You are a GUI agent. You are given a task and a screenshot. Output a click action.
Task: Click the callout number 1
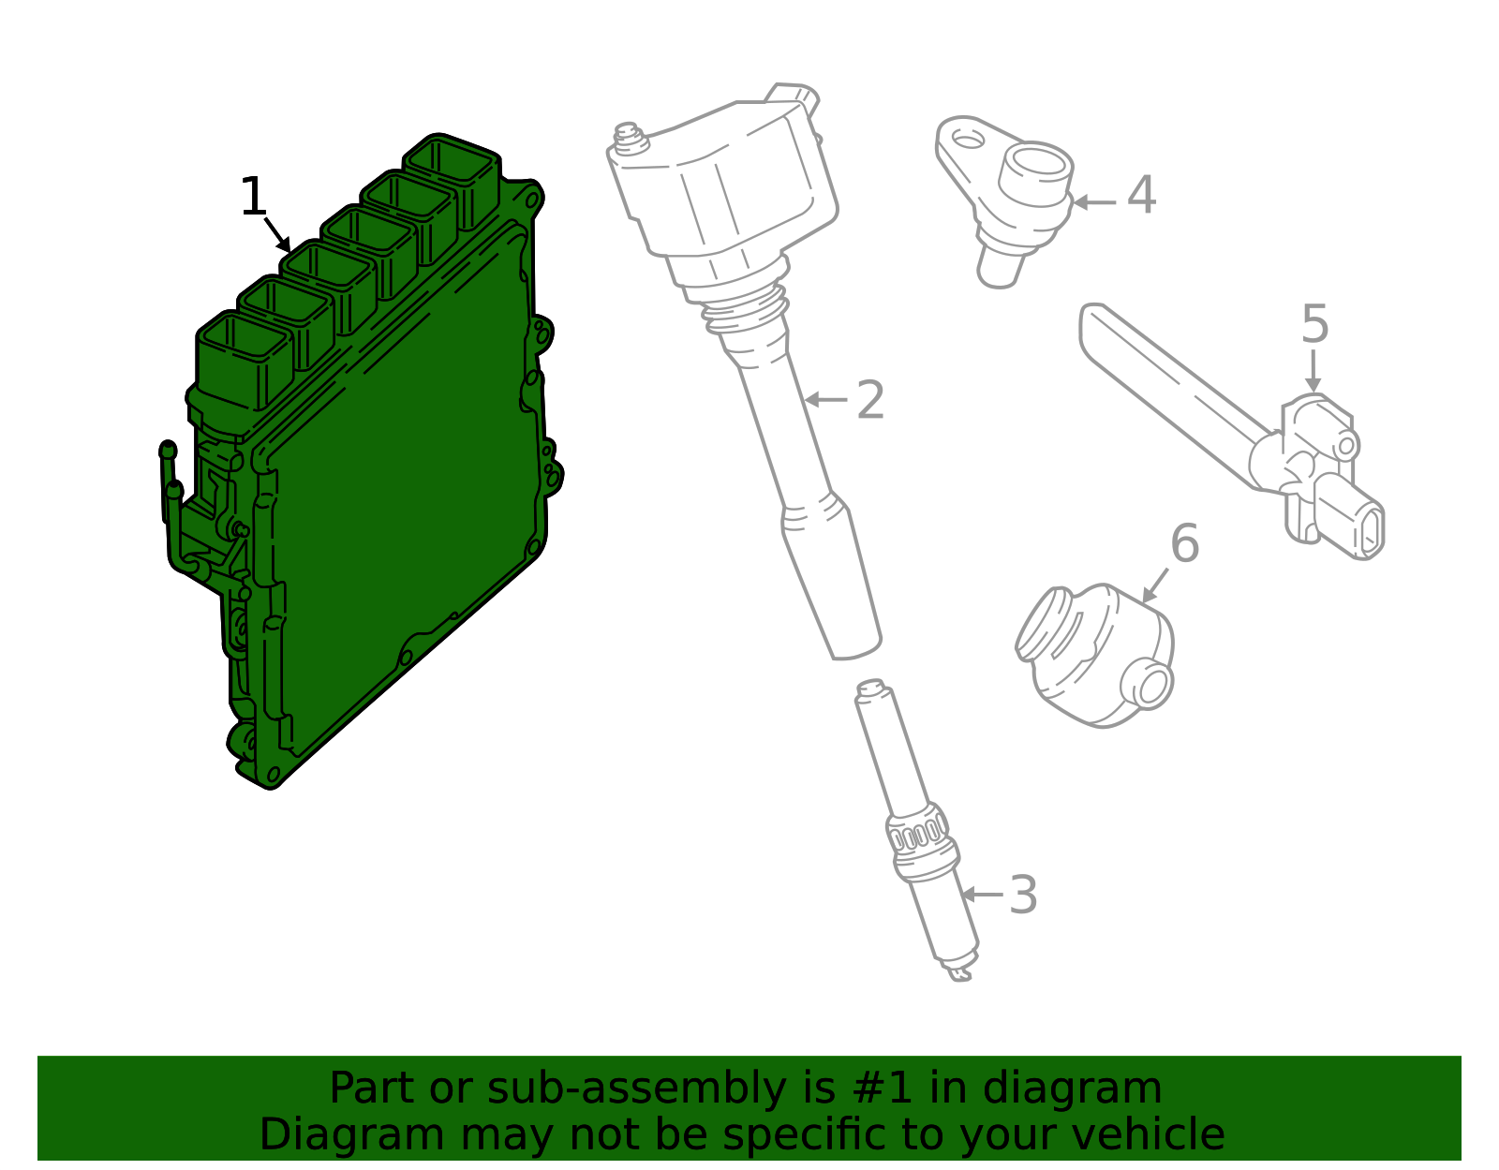point(254,197)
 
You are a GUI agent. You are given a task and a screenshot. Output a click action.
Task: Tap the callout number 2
point(869,400)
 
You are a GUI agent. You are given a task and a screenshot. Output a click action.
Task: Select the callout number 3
point(1023,896)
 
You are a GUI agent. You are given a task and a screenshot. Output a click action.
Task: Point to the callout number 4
point(1142,195)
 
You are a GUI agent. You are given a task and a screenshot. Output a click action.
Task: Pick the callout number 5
point(1314,324)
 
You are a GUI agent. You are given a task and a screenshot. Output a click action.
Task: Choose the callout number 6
point(1185,544)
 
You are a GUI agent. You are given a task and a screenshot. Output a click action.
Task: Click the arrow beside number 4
point(1095,202)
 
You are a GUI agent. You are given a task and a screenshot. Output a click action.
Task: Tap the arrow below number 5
point(1313,372)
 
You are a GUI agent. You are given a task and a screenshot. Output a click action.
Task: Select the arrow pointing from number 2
point(826,399)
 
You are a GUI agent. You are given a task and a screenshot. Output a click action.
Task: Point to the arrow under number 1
point(278,235)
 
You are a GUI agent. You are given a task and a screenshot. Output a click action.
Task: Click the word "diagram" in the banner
point(1072,1089)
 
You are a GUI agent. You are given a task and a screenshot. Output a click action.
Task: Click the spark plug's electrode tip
point(961,975)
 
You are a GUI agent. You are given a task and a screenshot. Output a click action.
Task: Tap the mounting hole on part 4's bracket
point(967,141)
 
